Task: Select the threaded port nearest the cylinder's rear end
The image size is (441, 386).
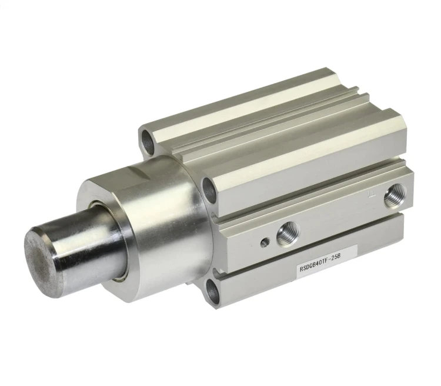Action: pos(395,195)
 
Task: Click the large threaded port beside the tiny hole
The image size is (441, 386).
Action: pos(288,234)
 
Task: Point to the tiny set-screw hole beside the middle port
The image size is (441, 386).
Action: pos(265,242)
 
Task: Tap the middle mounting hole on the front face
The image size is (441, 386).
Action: pos(209,191)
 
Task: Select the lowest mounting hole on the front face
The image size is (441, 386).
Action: pos(212,291)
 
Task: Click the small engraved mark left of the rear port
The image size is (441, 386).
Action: pos(371,194)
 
